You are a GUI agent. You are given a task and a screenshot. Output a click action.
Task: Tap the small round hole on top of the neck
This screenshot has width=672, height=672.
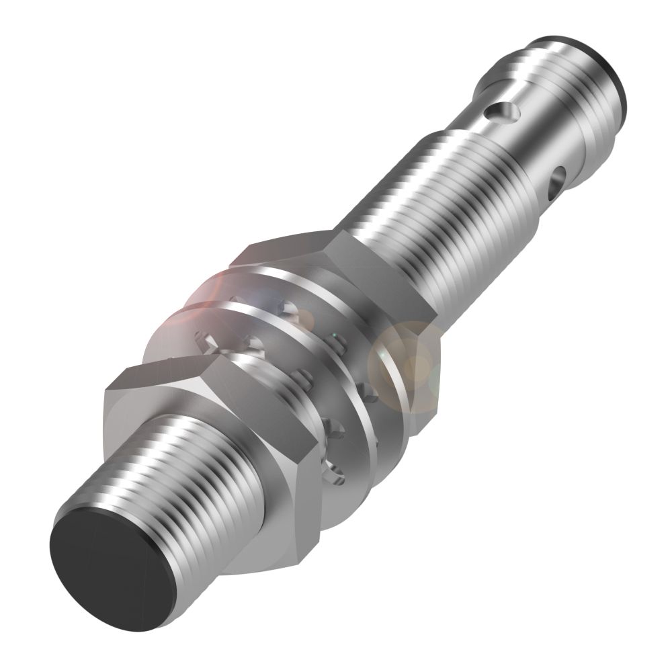point(500,108)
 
